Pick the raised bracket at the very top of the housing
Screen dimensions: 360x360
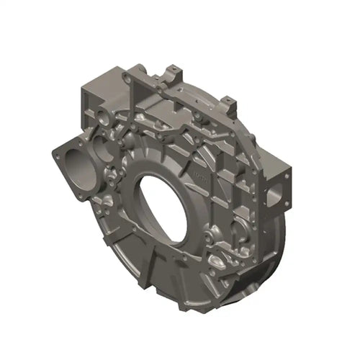pyautogui.click(x=173, y=73)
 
